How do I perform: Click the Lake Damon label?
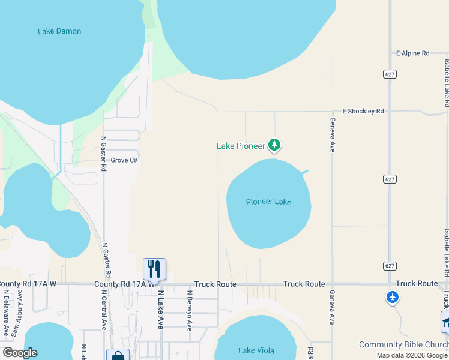click(59, 31)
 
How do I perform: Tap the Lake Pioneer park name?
click(241, 146)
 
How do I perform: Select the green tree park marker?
click(274, 145)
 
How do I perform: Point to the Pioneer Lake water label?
click(268, 202)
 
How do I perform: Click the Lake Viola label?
click(255, 350)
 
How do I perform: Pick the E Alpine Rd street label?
click(413, 53)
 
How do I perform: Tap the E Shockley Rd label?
click(363, 112)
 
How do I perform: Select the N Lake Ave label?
click(161, 310)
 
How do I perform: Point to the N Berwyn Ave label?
click(190, 311)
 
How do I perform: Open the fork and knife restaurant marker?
click(154, 269)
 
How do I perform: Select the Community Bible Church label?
click(403, 344)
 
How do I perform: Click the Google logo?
click(19, 353)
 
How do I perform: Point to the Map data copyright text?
click(412, 355)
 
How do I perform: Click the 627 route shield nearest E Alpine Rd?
click(390, 73)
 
